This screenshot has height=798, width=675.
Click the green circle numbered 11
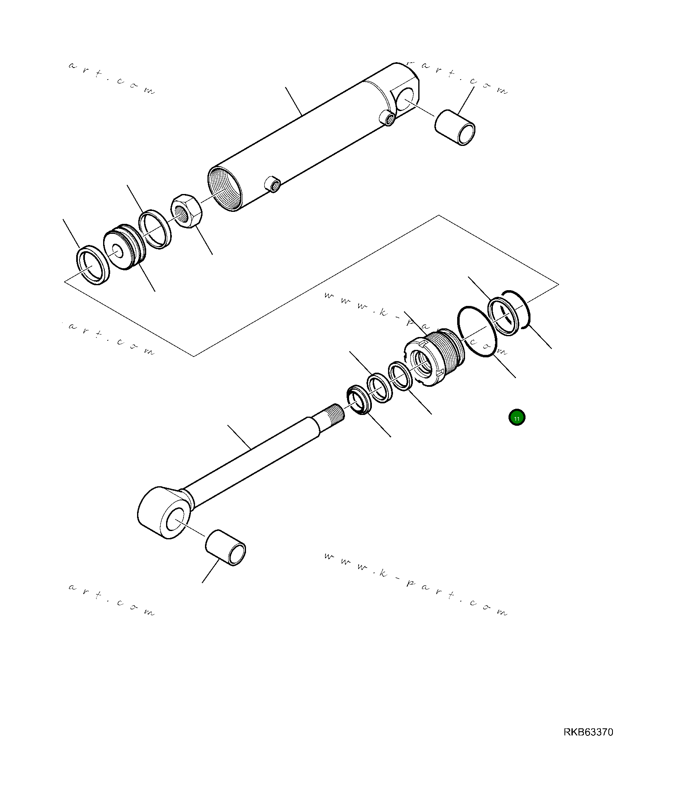click(x=516, y=417)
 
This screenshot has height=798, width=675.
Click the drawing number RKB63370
click(x=588, y=732)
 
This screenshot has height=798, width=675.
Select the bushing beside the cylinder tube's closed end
click(x=455, y=127)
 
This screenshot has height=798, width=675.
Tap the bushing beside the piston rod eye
click(x=226, y=548)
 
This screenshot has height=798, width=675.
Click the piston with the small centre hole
click(x=124, y=250)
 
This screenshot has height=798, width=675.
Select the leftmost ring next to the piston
click(x=93, y=265)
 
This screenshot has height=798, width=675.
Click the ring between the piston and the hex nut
click(x=155, y=229)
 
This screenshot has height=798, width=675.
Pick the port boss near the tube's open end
click(x=272, y=184)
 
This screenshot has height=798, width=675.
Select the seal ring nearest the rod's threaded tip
click(x=357, y=400)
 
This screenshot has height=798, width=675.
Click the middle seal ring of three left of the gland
click(x=379, y=388)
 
